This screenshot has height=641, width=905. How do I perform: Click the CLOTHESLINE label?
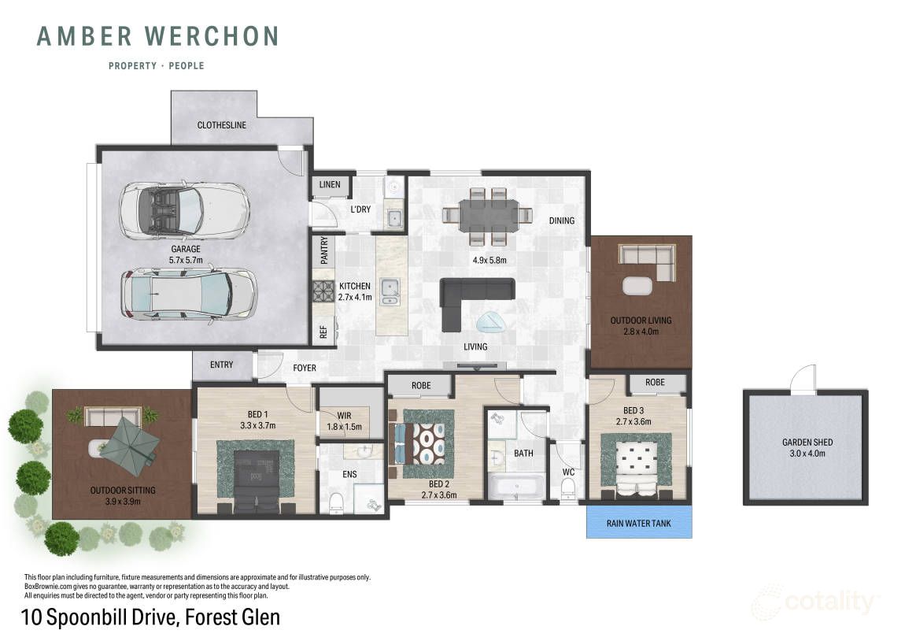222,124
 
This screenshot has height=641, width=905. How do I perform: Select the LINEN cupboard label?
330,185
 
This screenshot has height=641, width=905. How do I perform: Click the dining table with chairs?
487,215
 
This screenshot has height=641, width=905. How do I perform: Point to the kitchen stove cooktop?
323,291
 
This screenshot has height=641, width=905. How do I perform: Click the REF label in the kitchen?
323,332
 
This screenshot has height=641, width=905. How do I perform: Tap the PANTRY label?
323,250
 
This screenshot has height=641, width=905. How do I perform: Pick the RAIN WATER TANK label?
638,523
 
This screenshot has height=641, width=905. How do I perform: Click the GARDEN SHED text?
807,442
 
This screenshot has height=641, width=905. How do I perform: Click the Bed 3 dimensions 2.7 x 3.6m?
633,421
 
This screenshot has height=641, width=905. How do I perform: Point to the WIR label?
344,416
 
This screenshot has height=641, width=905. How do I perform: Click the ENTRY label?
222,365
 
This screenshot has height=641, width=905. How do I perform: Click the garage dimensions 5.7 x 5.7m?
186,260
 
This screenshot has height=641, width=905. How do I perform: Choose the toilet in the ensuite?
335,502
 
